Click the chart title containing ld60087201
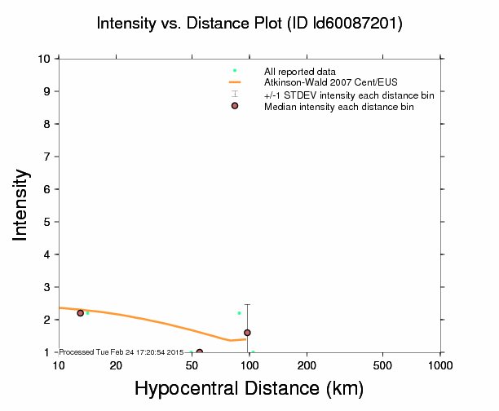pos(249,24)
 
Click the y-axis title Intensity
pos(22,205)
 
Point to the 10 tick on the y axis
pos(45,59)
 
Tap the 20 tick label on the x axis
pos(115,365)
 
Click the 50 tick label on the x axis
pos(192,365)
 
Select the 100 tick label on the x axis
pos(249,365)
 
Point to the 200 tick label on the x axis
pos(307,365)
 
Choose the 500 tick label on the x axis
pos(383,365)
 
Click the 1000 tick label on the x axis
pos(441,365)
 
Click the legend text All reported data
pos(300,72)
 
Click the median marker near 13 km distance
pos(80,313)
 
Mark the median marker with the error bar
pos(247,333)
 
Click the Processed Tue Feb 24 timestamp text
pos(122,351)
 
